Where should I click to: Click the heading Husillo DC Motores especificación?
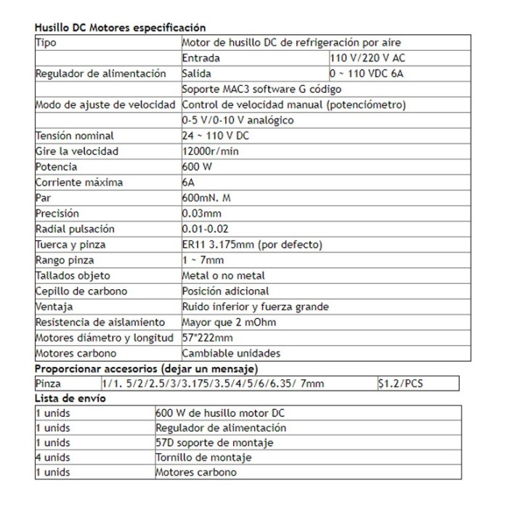[x=120, y=28]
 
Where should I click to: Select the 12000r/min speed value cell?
[x=211, y=151]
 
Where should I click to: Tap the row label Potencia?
[x=57, y=166]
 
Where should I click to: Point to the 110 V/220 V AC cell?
[x=368, y=58]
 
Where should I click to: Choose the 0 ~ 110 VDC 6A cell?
[x=368, y=73]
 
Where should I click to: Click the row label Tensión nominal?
[x=75, y=136]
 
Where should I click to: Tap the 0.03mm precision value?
[x=202, y=214]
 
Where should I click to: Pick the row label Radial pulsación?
[x=75, y=229]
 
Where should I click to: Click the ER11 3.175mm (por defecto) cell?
[x=252, y=244]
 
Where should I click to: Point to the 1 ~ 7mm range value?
[x=203, y=260]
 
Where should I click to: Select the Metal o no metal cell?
[x=224, y=275]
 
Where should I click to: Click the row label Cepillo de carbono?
[x=81, y=291]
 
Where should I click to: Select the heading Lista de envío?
[x=70, y=398]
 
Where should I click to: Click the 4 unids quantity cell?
[x=53, y=458]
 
